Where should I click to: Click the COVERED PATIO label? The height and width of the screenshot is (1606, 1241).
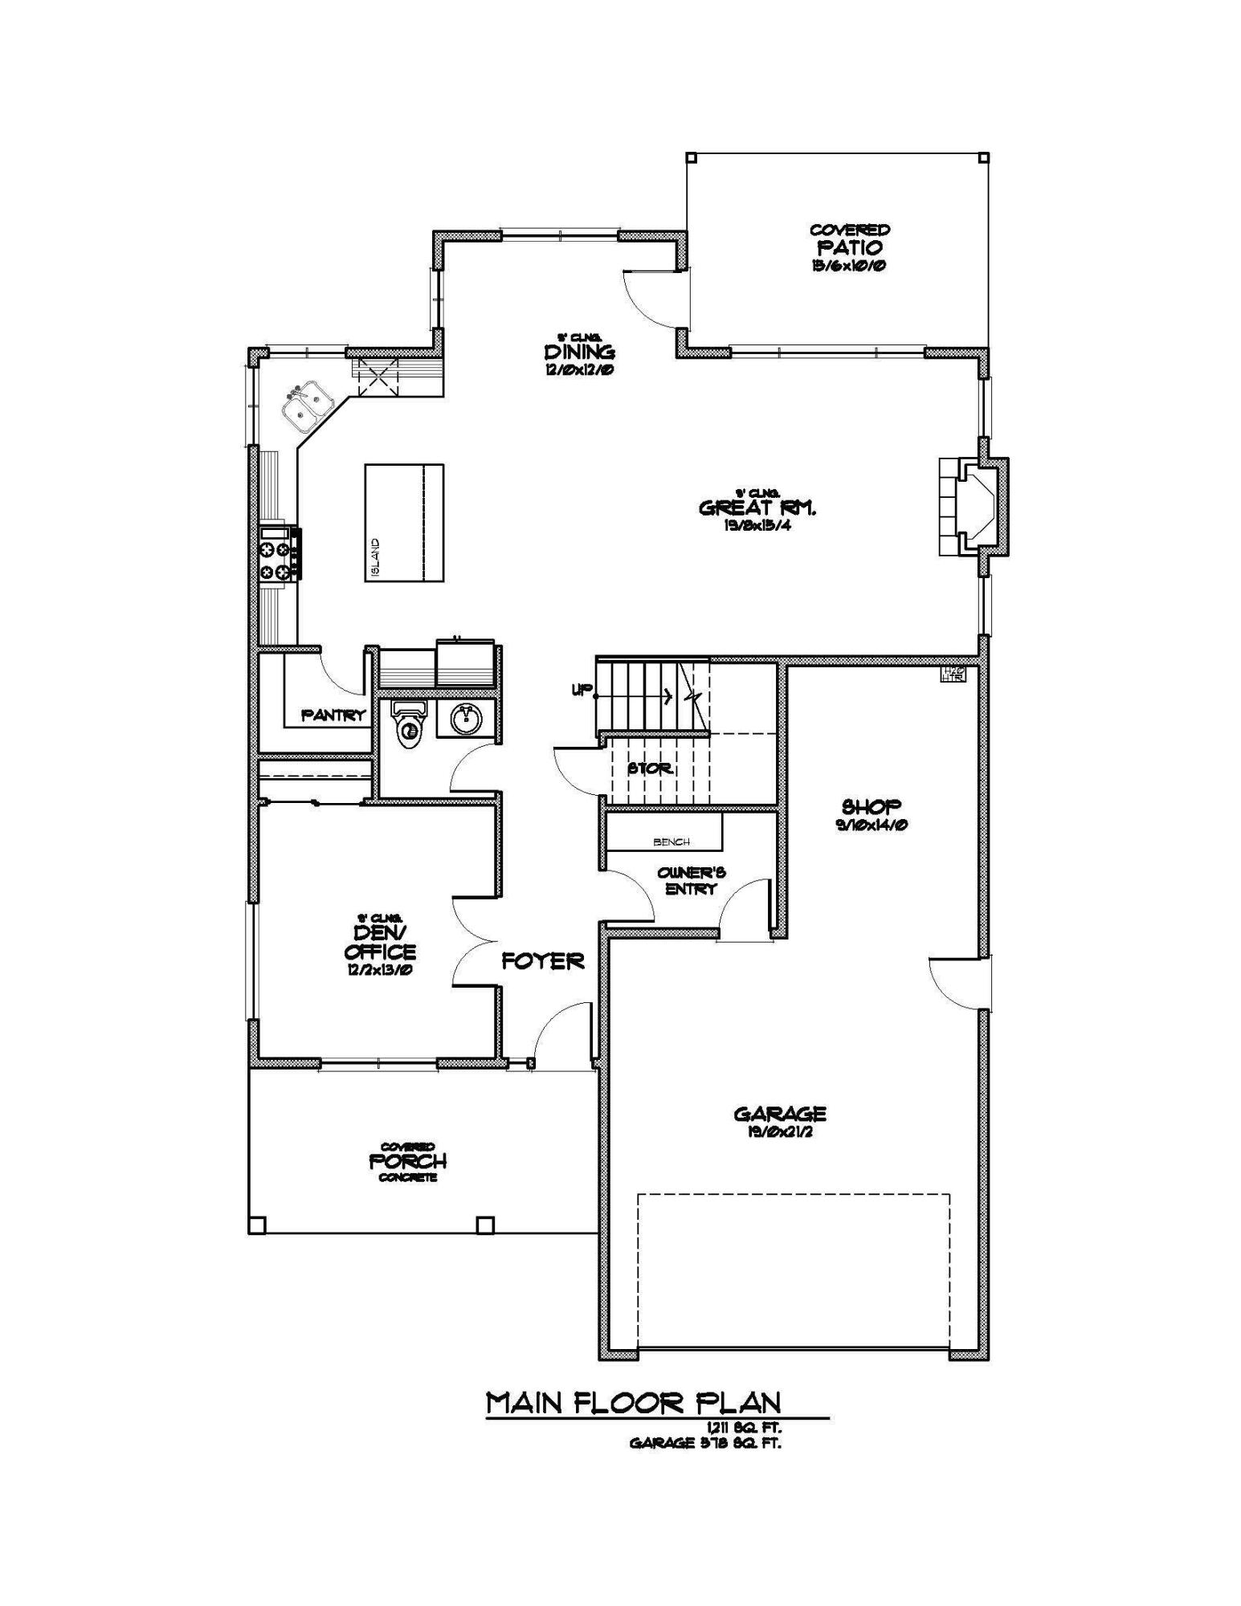coord(849,247)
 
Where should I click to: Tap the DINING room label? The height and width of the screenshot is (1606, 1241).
coord(579,353)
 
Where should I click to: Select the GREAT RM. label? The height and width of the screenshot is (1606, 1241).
coord(757,507)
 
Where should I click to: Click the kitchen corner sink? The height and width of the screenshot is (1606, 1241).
coord(307,406)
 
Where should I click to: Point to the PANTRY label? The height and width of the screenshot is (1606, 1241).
coord(333,715)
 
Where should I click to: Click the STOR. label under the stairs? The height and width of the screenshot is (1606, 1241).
coord(650,768)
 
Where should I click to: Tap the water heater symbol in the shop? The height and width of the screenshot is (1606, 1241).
coord(953,674)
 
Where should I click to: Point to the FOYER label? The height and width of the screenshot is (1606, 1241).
coord(543,961)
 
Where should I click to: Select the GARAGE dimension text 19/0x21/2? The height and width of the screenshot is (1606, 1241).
coord(779,1133)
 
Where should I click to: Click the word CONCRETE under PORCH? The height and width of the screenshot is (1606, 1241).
coord(407,1178)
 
